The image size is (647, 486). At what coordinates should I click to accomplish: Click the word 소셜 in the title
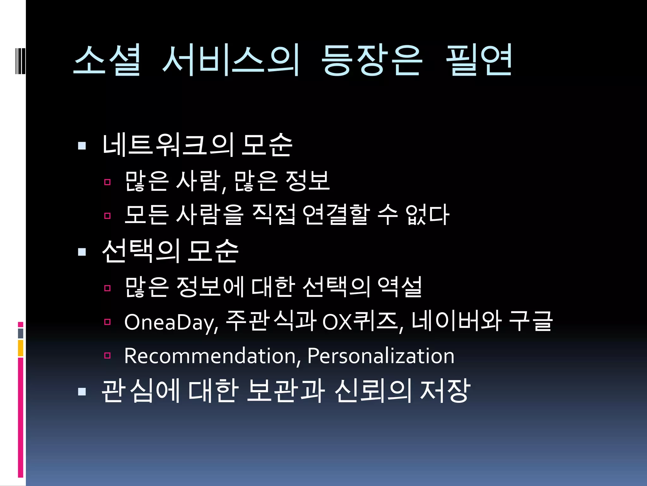pyautogui.click(x=107, y=60)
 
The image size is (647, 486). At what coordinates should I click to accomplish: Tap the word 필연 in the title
pyautogui.click(x=479, y=60)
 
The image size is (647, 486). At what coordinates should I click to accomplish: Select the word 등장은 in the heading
pyautogui.click(x=372, y=60)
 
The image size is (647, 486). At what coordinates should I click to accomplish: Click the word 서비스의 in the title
pyautogui.click(x=231, y=60)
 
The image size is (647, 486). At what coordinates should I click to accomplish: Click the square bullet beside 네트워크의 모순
pyautogui.click(x=82, y=146)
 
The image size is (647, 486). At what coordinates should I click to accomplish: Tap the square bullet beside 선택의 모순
pyautogui.click(x=82, y=252)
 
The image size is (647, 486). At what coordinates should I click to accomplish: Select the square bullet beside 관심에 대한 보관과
pyautogui.click(x=82, y=392)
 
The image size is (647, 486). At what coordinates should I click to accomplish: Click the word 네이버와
pyautogui.click(x=457, y=321)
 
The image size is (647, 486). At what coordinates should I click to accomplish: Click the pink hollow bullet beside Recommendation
pyautogui.click(x=107, y=355)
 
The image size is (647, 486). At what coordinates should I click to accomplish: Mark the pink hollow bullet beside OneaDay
pyautogui.click(x=107, y=322)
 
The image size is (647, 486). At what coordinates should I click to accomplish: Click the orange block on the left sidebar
pyautogui.click(x=21, y=348)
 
